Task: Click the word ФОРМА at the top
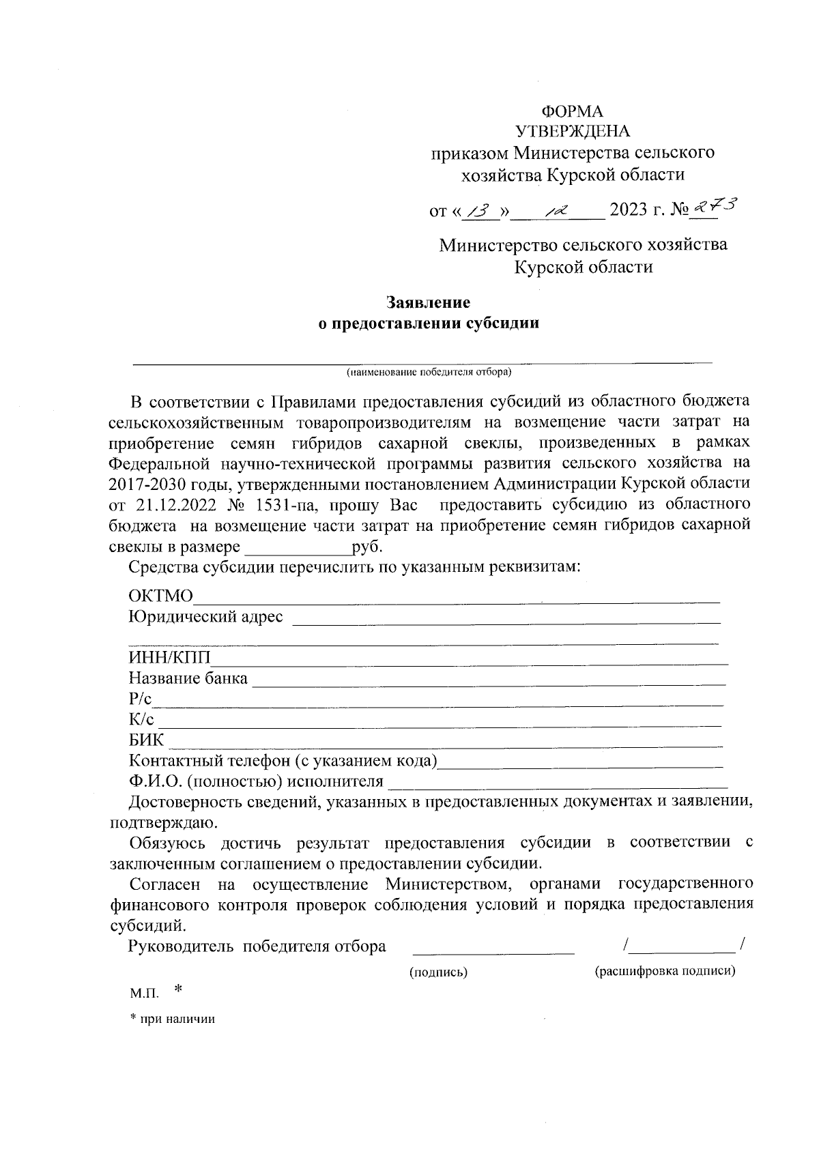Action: coord(572,111)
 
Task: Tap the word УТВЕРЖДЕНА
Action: coord(573,132)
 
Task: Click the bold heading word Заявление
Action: coord(429,302)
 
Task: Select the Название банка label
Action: coord(188,679)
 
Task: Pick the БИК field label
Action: coord(147,740)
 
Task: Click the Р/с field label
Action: coord(141,699)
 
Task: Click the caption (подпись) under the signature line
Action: coord(438,972)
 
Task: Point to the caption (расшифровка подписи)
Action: coord(665,972)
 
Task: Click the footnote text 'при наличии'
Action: coord(177,1019)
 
